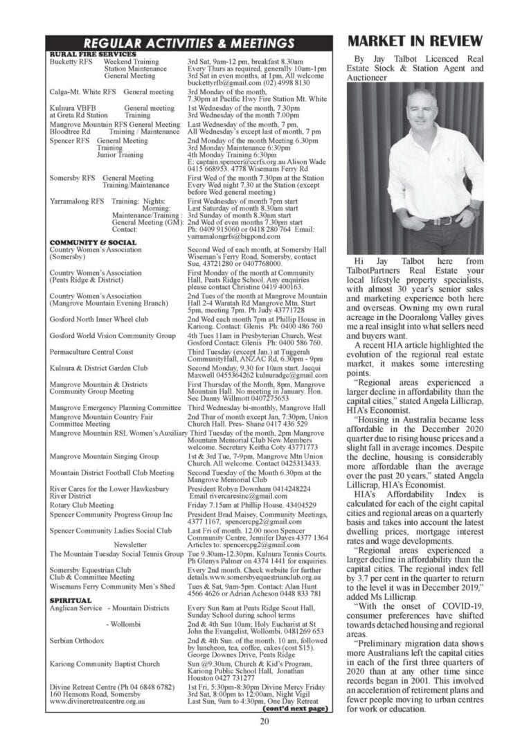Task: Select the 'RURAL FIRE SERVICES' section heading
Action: click(x=93, y=54)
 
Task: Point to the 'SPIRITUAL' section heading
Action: click(x=71, y=600)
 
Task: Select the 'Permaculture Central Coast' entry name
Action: click(x=92, y=351)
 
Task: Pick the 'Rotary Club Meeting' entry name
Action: click(x=82, y=506)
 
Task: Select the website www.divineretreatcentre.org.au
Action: click(x=96, y=701)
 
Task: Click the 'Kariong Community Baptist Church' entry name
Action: click(x=105, y=664)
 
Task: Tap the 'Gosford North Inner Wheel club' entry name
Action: click(x=99, y=319)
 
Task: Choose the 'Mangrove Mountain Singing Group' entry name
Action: click(x=104, y=456)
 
